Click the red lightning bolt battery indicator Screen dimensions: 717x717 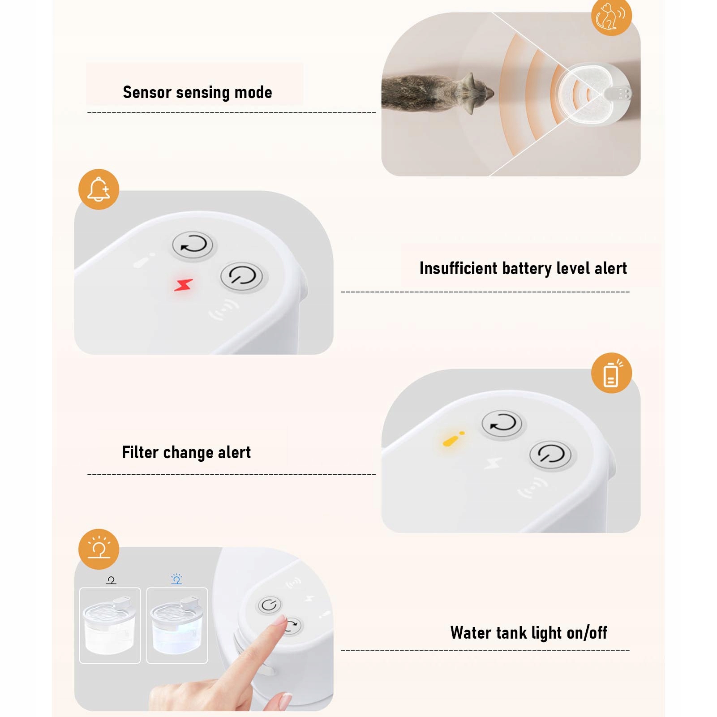[184, 285]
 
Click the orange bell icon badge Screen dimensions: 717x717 [99, 189]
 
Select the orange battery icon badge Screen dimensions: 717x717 [611, 373]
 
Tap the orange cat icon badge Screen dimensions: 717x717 [611, 16]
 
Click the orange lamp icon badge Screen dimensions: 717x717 [99, 549]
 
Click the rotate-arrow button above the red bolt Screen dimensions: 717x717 [193, 245]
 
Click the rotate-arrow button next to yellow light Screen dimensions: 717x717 [502, 424]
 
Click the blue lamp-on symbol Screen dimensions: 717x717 [176, 579]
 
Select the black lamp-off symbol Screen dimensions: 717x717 [111, 580]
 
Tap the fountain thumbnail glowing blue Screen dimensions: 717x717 [177, 625]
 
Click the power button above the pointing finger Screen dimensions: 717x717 [269, 605]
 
